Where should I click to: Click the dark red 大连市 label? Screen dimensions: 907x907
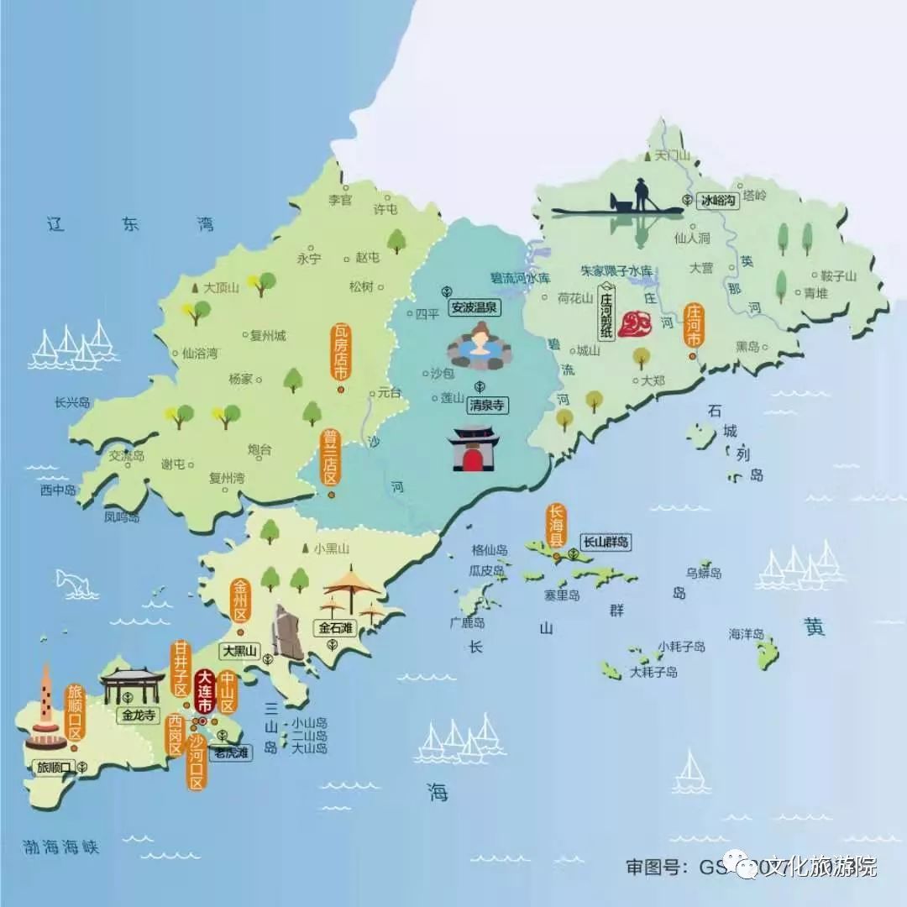(204, 694)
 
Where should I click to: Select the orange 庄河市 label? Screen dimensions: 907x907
(694, 326)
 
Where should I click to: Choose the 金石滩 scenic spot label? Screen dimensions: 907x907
(335, 627)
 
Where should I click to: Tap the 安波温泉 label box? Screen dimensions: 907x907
(474, 307)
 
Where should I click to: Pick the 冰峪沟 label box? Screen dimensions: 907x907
(717, 201)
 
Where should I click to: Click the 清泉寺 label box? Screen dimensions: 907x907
(486, 404)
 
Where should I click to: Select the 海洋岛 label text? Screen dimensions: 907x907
(746, 634)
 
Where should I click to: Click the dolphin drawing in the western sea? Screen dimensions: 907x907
(74, 579)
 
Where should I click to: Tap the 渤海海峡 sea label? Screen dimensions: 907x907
(61, 847)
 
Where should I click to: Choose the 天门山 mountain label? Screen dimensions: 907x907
(672, 155)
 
